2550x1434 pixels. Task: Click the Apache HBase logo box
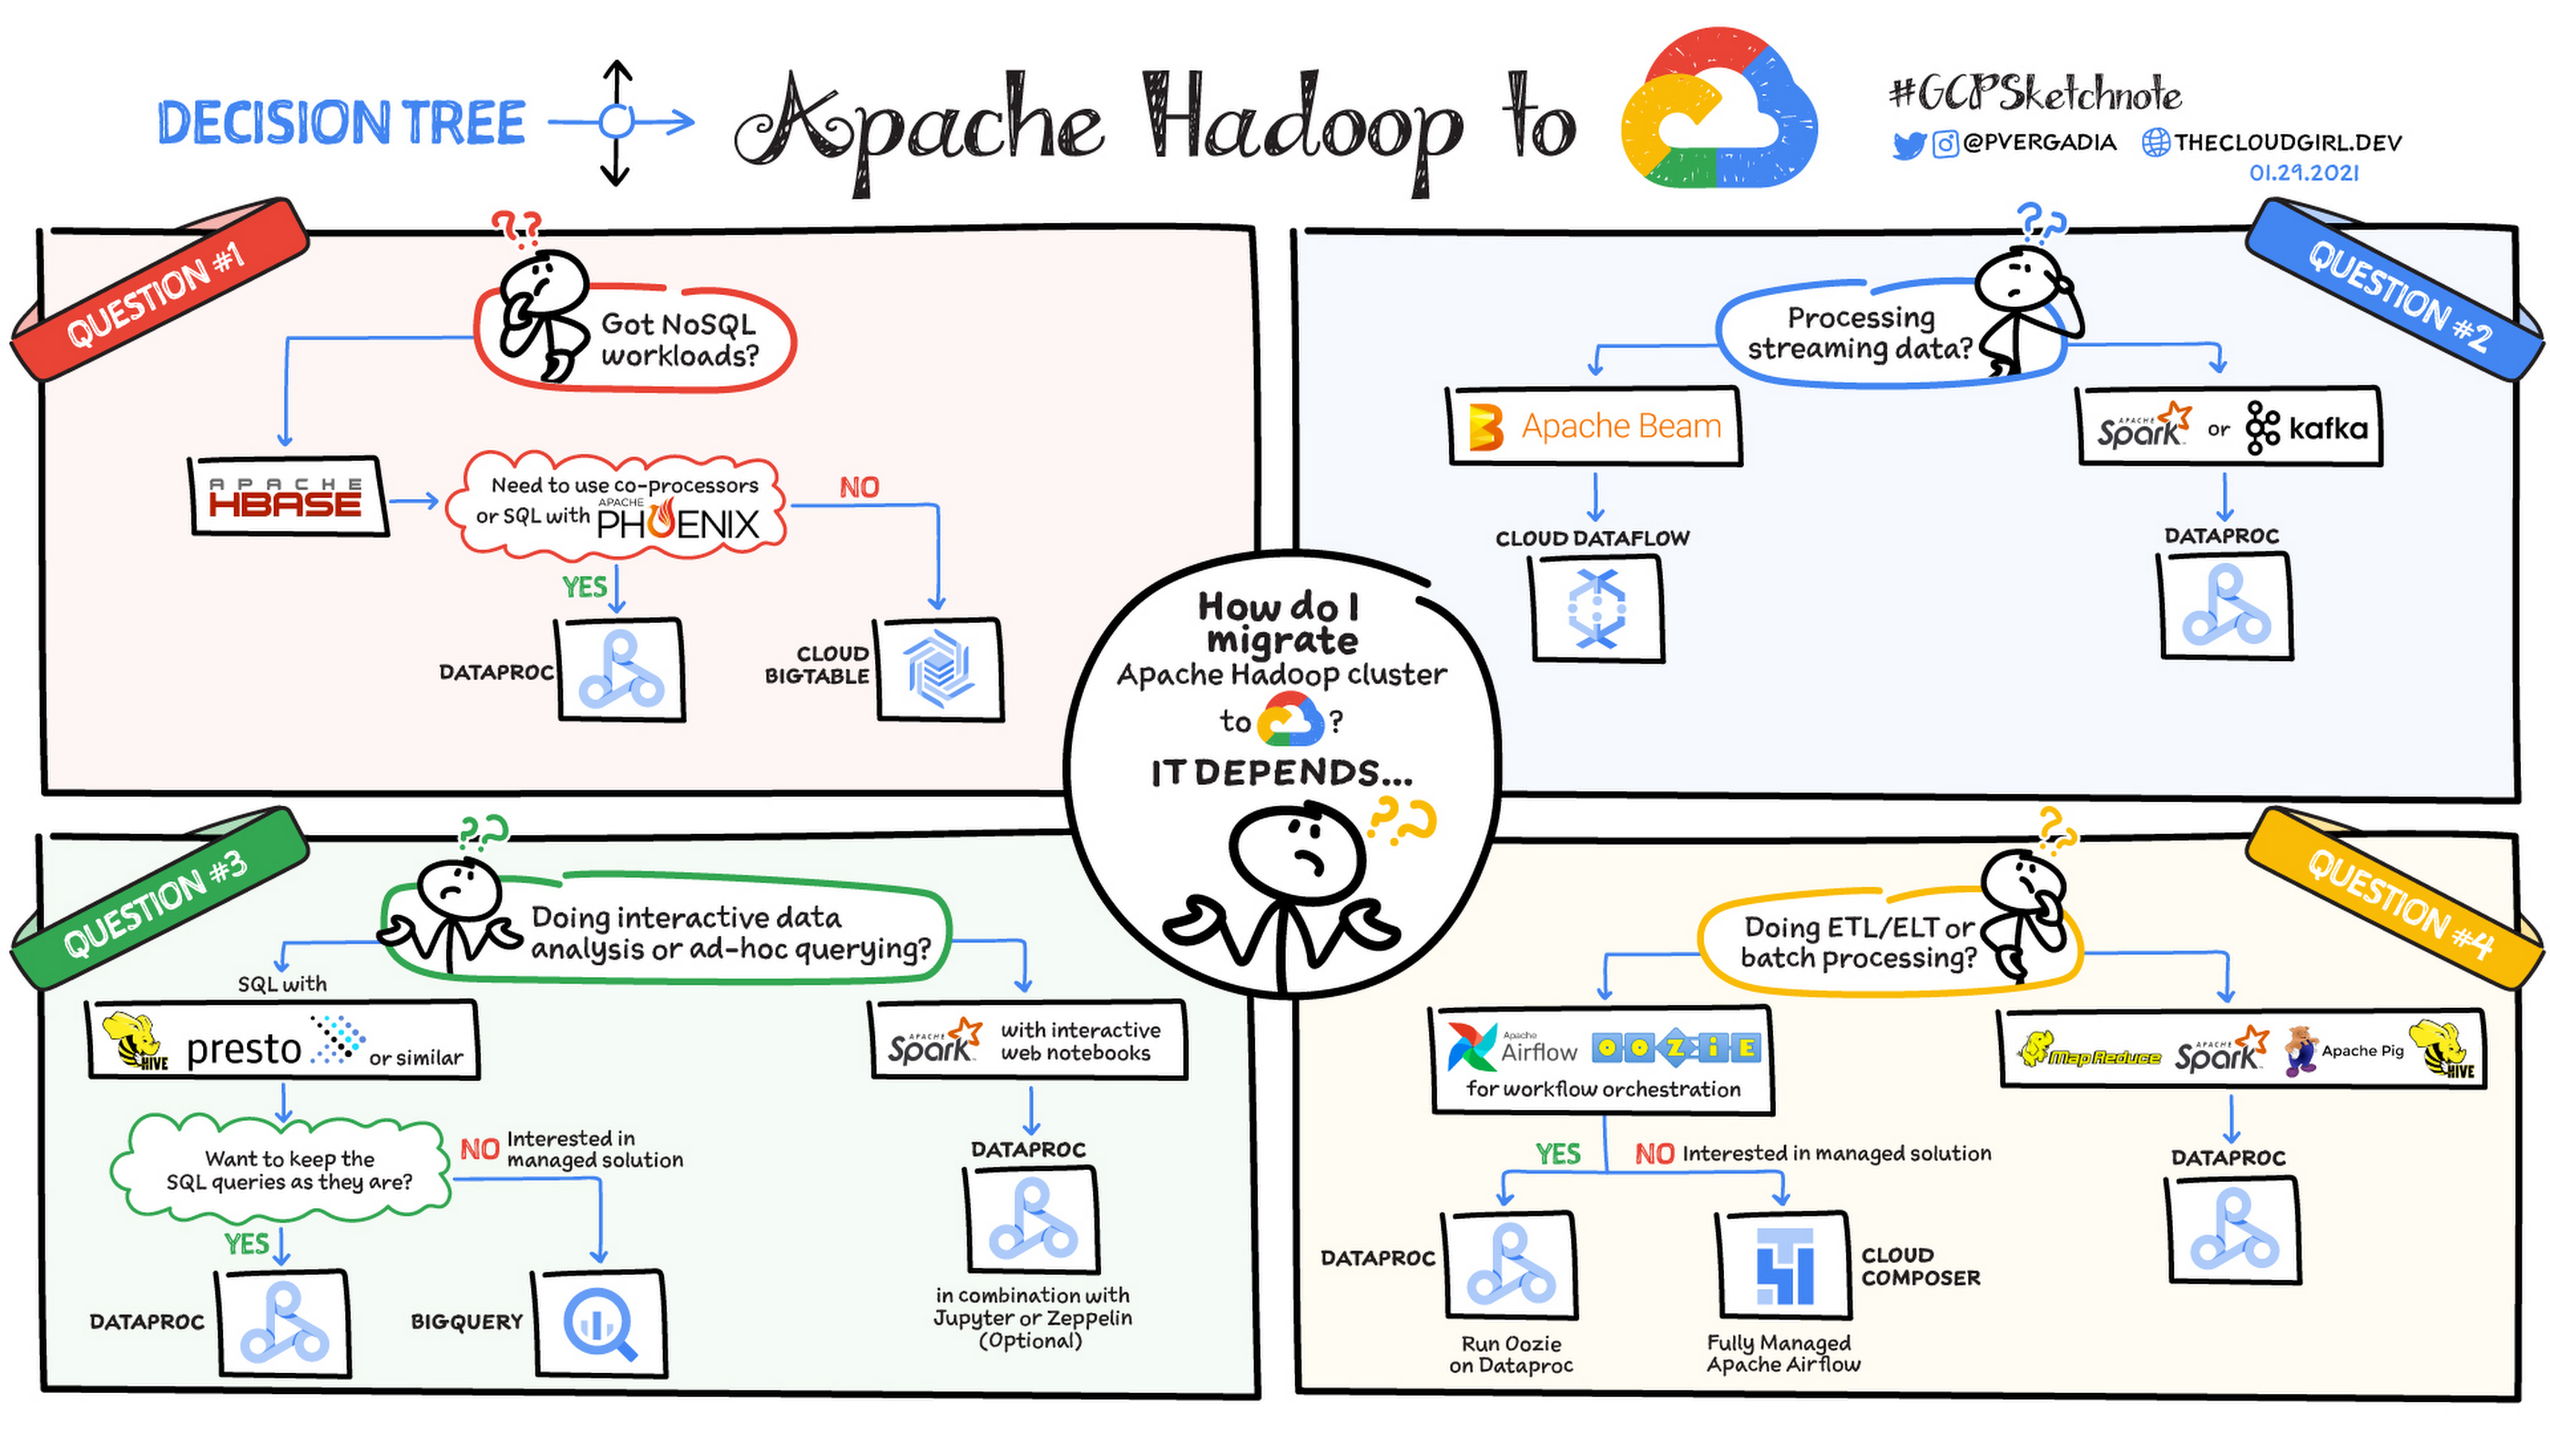(287, 497)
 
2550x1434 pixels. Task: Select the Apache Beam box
(1594, 426)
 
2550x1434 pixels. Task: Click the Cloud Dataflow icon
(1596, 607)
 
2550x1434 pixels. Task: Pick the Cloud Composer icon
(1784, 1266)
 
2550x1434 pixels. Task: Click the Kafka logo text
(2326, 429)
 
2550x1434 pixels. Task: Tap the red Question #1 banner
(158, 292)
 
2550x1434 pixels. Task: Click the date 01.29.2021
(2303, 173)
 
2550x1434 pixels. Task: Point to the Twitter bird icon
(1908, 146)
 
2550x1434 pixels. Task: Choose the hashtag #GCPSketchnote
(2035, 95)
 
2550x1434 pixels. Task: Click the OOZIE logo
(1675, 1047)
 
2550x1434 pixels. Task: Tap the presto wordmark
(243, 1048)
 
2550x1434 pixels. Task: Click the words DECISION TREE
(342, 124)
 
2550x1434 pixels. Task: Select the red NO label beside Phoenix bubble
(858, 487)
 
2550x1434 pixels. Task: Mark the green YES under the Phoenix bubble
(584, 587)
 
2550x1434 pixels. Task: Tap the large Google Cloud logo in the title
(1719, 109)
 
